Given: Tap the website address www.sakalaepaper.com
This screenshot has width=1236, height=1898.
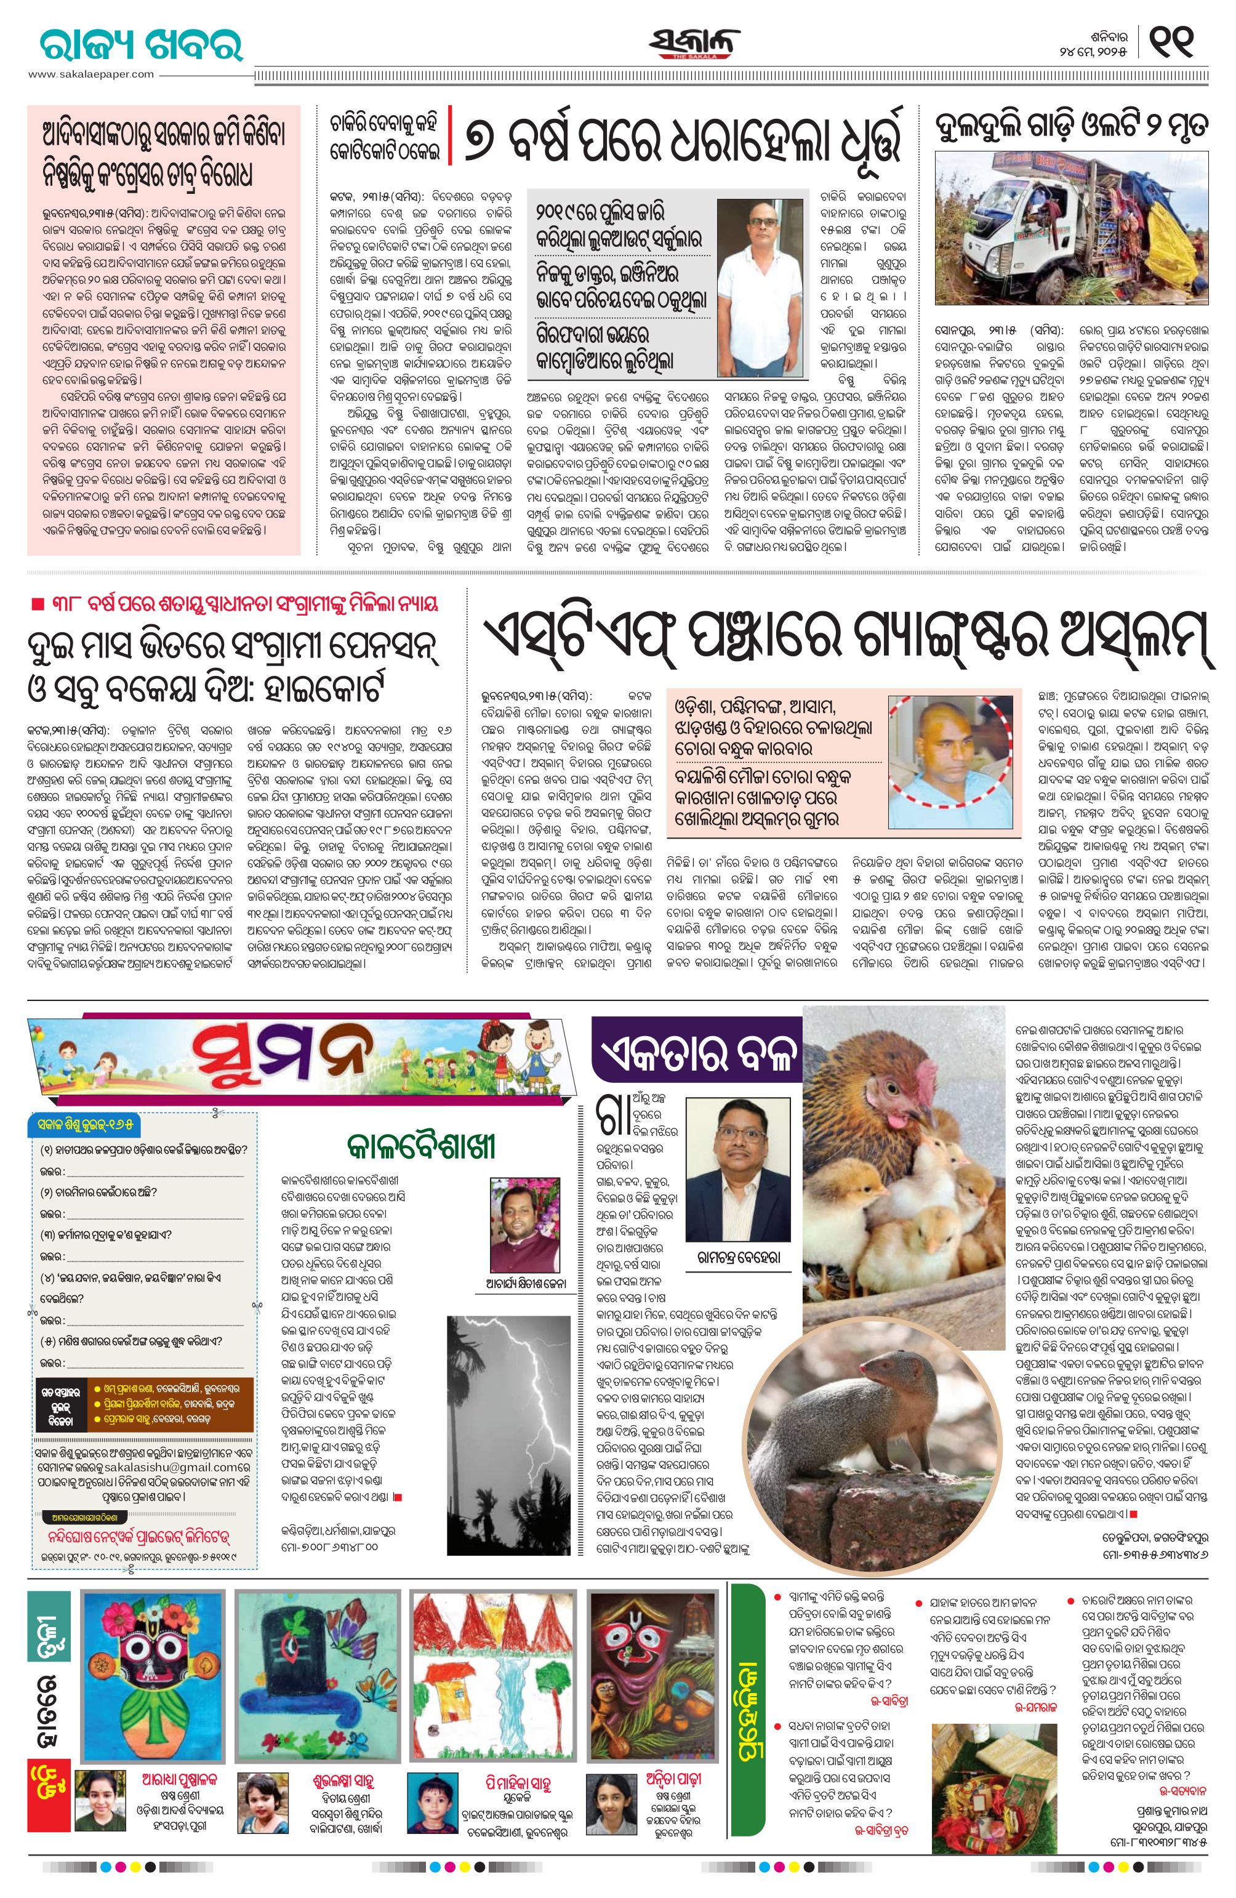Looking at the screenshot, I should pyautogui.click(x=91, y=74).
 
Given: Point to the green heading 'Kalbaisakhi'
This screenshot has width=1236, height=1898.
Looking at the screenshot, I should pyautogui.click(x=421, y=1147).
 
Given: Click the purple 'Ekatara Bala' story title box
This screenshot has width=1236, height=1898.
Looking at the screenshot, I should pyautogui.click(x=696, y=1059).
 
